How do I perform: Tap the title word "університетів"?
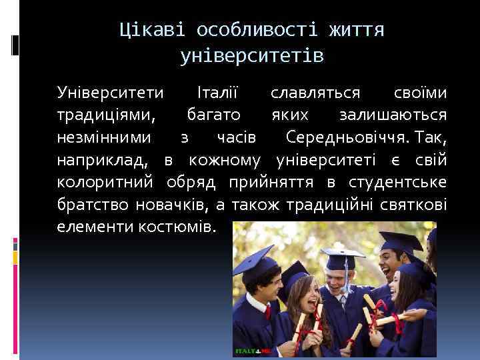pos(252,56)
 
